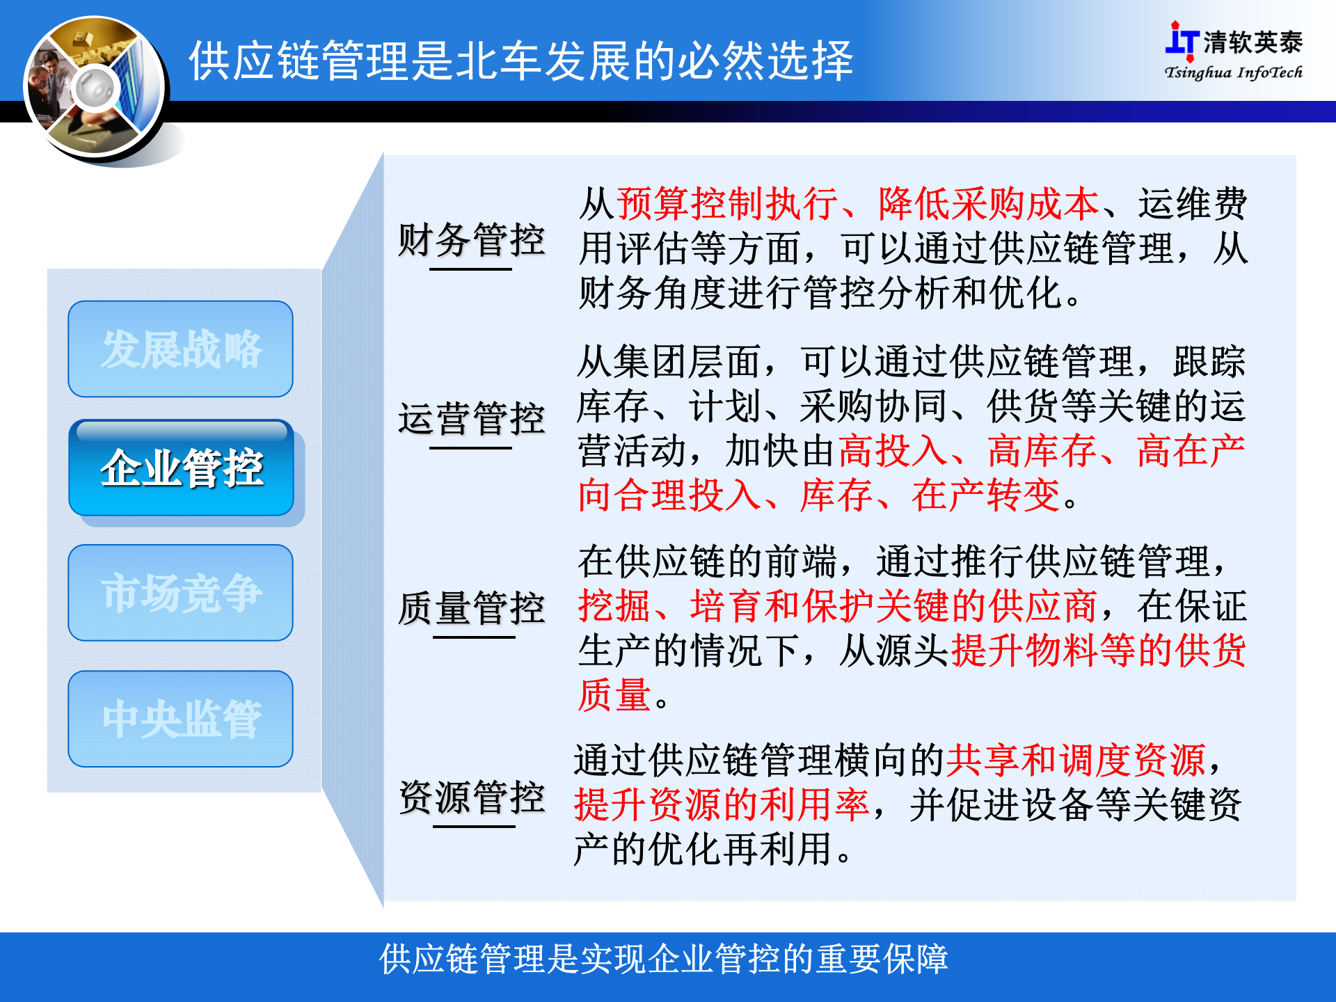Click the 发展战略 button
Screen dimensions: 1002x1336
[181, 349]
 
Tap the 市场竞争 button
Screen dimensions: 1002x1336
[181, 593]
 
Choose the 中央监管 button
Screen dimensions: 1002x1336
[181, 719]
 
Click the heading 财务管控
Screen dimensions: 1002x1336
[471, 240]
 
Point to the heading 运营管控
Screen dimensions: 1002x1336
[471, 419]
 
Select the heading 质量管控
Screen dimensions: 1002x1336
[471, 608]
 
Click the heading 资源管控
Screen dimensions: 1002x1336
[471, 797]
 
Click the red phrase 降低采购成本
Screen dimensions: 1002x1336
[988, 204]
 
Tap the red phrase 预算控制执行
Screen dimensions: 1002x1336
[727, 204]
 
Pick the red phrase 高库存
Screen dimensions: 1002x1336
[1042, 450]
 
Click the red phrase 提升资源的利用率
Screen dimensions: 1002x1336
[722, 804]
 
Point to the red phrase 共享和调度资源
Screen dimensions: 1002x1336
[1075, 760]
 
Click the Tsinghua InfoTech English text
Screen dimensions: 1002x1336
[1233, 72]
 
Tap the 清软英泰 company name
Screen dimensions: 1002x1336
[1252, 42]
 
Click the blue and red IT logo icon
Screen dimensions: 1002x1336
[1181, 40]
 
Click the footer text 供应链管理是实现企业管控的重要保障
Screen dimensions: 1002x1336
[663, 959]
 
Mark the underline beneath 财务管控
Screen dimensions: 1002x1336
[470, 268]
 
